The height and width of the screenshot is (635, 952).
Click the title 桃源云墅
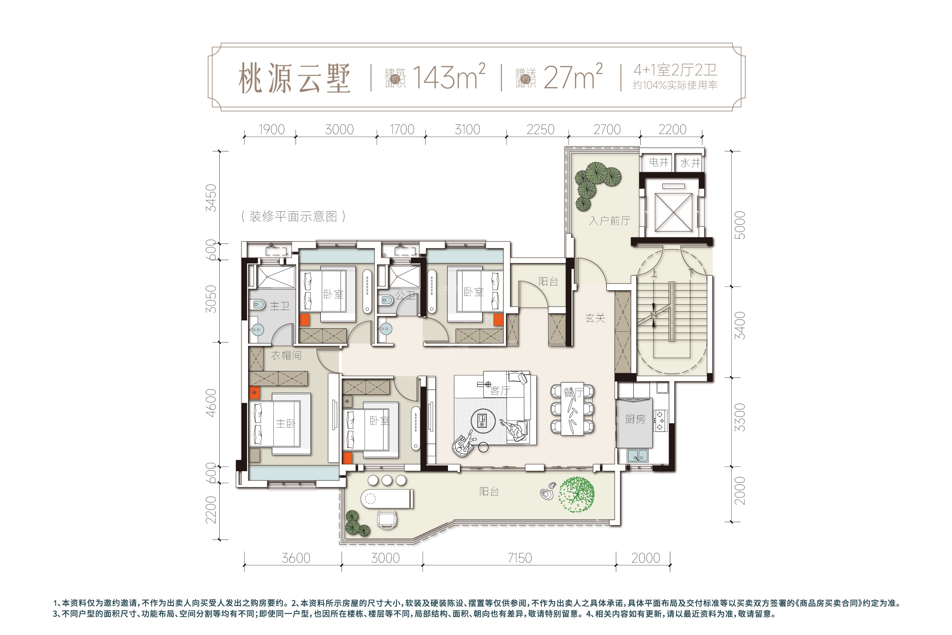[294, 78]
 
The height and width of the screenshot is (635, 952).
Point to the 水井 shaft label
[690, 163]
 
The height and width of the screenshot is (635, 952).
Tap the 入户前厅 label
[610, 221]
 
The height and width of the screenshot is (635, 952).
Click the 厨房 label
[635, 419]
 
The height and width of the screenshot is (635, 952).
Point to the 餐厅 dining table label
[573, 392]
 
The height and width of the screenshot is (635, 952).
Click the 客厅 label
[500, 391]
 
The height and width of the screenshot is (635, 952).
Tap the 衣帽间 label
[286, 355]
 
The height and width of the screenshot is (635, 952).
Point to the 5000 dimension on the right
[740, 225]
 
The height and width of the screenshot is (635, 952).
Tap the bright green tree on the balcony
[577, 495]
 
